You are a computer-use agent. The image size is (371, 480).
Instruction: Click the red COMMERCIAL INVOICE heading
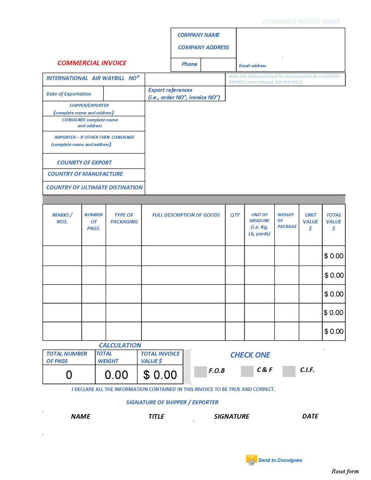click(x=92, y=63)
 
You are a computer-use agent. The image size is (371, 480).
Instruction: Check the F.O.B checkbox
click(x=200, y=372)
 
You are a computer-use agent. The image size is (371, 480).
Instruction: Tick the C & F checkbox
click(x=247, y=371)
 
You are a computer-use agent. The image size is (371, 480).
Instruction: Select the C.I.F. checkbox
click(x=289, y=371)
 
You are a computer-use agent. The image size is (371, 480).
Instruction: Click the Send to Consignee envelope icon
click(x=251, y=460)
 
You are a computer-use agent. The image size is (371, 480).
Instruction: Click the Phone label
click(x=189, y=64)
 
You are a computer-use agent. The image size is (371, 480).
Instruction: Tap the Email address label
click(x=253, y=66)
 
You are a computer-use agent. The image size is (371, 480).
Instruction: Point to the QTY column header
click(x=235, y=215)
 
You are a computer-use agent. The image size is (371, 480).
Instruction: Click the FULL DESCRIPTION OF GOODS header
click(x=186, y=215)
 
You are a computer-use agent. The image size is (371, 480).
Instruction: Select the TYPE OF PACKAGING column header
click(x=124, y=218)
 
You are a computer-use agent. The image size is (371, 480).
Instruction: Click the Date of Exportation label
click(x=69, y=94)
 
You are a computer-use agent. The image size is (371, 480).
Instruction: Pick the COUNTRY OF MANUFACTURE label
click(x=85, y=174)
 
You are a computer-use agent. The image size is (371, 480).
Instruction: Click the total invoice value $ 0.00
click(x=160, y=375)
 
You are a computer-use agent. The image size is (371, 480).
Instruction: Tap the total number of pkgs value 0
click(x=69, y=375)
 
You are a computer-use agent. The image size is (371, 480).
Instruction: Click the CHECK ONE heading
click(x=250, y=355)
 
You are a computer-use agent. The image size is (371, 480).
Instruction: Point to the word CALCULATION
click(x=120, y=345)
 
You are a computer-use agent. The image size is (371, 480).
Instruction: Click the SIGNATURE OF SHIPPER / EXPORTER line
click(x=172, y=402)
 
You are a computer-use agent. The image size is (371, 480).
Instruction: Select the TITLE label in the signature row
click(x=156, y=417)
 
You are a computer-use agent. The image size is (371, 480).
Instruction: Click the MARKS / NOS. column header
click(x=62, y=218)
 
